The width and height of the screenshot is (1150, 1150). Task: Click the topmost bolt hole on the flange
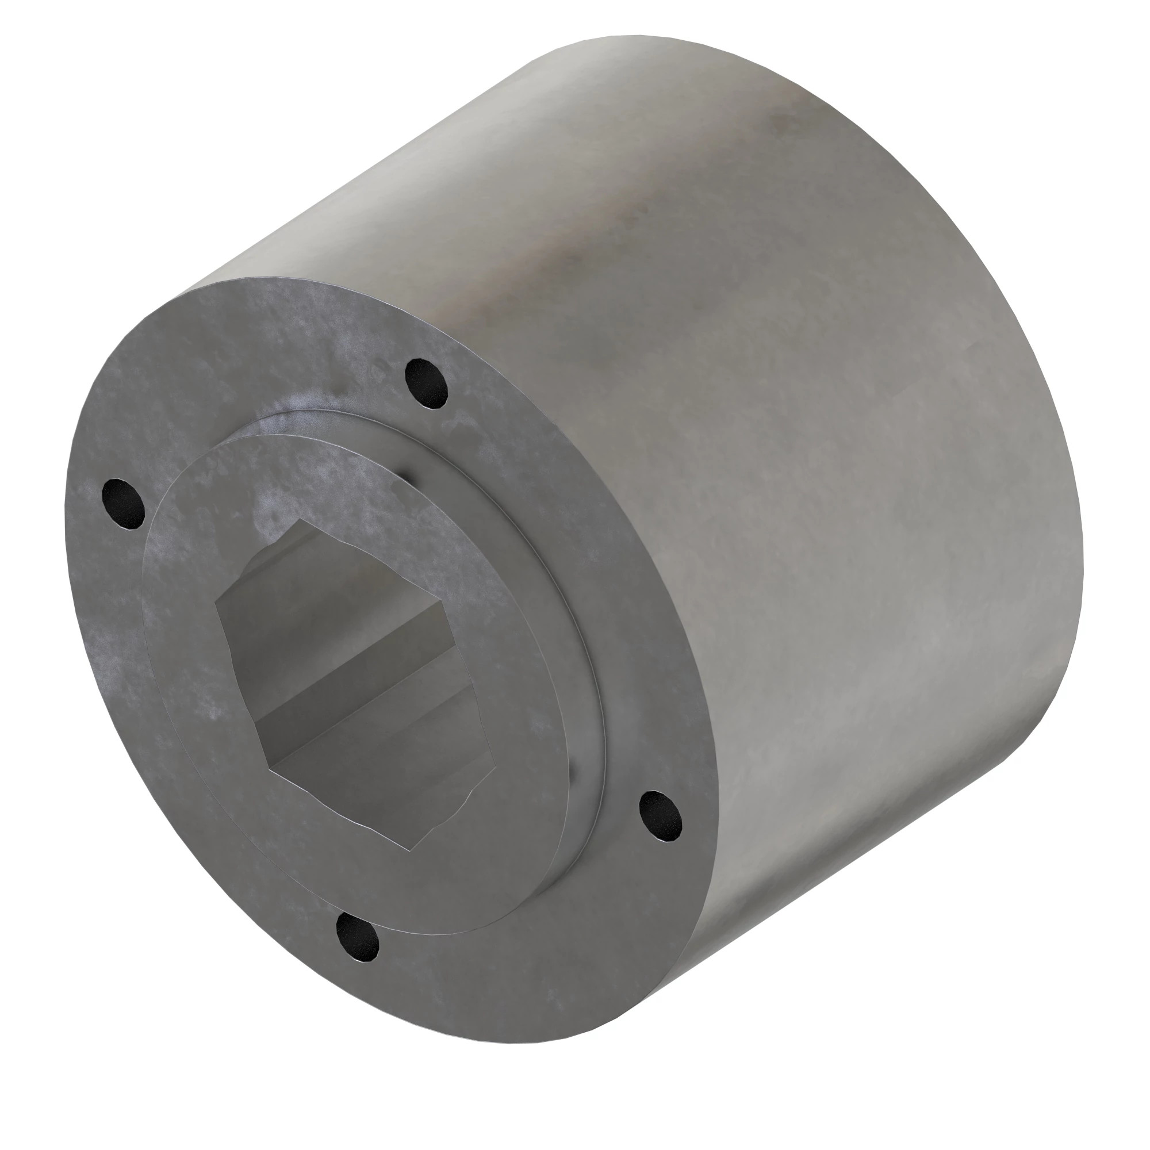pos(426,384)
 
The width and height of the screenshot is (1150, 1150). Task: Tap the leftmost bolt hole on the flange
pos(123,504)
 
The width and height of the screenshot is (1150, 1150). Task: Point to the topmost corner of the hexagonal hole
pos(304,520)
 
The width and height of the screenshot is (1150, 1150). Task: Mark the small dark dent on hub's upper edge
pos(407,476)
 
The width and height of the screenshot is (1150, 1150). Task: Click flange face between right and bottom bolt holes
pos(536,929)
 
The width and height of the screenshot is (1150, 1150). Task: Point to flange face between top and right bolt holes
pos(595,565)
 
